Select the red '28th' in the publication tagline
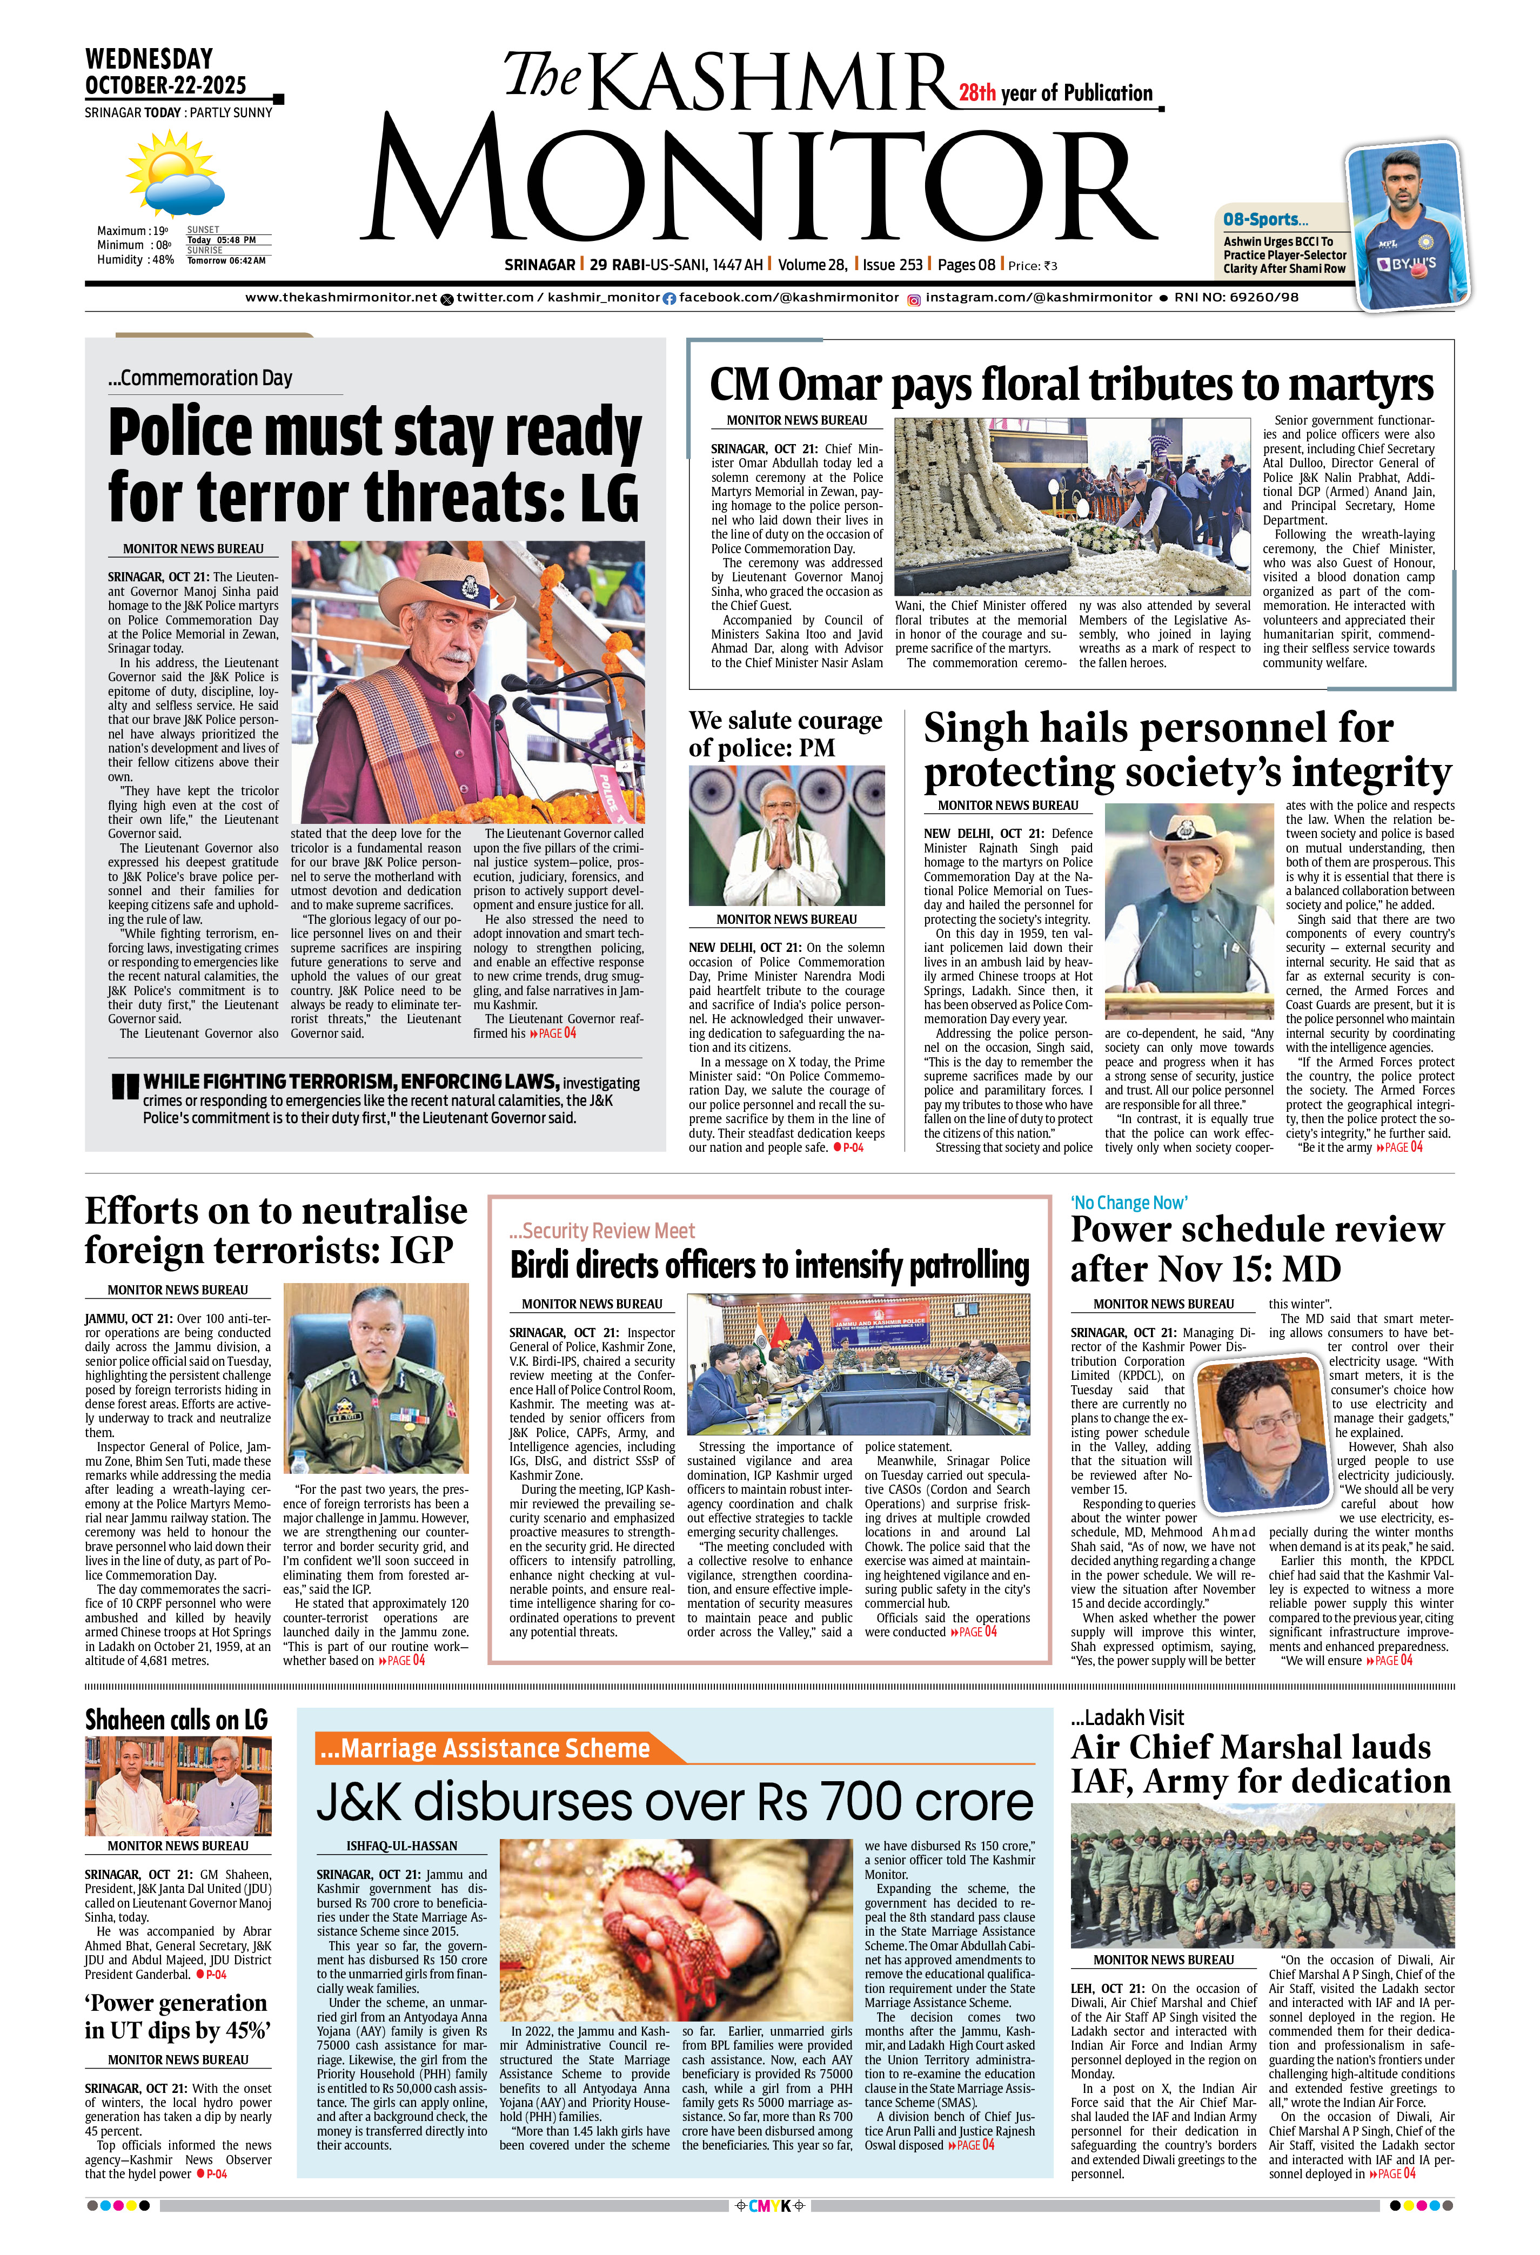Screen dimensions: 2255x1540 click(x=977, y=93)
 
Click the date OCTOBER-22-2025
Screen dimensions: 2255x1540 click(x=166, y=85)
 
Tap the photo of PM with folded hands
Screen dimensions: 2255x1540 click(x=786, y=835)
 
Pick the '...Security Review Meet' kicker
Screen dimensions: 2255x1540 click(x=601, y=1230)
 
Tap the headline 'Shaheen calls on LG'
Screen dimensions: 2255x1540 click(x=176, y=1720)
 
